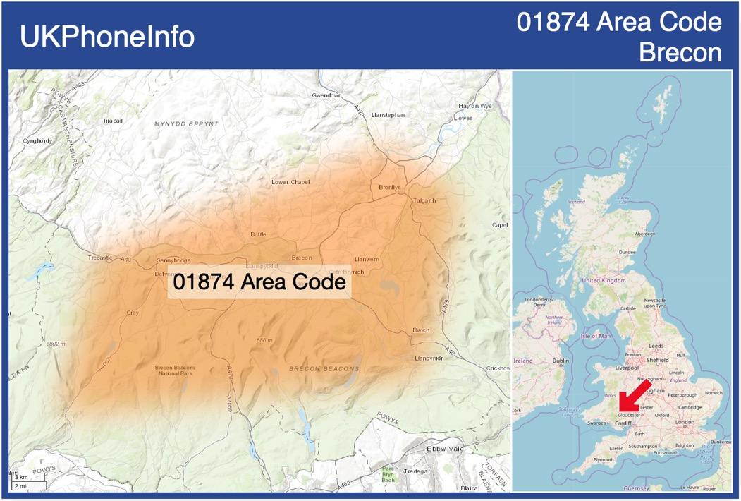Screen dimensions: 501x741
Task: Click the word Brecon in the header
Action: [680, 52]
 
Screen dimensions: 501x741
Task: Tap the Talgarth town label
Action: [424, 200]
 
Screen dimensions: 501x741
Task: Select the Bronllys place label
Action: [389, 188]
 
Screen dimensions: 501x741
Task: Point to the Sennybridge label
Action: [173, 260]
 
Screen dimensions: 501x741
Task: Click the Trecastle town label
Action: [100, 258]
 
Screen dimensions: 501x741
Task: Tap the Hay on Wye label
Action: [474, 106]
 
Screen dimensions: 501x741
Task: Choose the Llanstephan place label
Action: [388, 114]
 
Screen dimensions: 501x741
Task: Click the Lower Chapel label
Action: [290, 182]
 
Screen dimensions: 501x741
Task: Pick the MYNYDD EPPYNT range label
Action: [186, 123]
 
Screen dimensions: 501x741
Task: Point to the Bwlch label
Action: [421, 330]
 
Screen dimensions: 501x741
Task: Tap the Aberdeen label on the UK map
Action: [644, 234]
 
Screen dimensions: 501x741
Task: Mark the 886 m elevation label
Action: [264, 340]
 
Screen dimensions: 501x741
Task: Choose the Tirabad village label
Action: [113, 121]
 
